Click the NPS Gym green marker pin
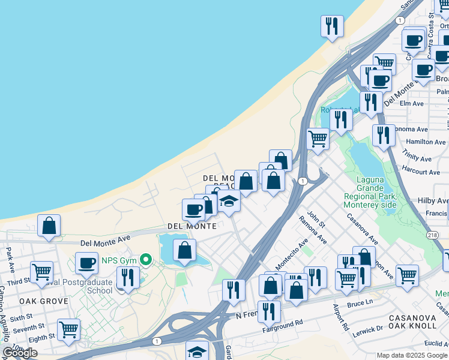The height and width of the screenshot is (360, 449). pyautogui.click(x=145, y=260)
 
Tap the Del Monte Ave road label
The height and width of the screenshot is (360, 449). pyautogui.click(x=105, y=239)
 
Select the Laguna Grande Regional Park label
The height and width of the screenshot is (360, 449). pyautogui.click(x=370, y=191)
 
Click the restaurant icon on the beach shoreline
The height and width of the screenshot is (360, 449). pyautogui.click(x=332, y=26)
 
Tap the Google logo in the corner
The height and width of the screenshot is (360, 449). pyautogui.click(x=20, y=353)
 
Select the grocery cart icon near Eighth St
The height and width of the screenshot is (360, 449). pyautogui.click(x=68, y=329)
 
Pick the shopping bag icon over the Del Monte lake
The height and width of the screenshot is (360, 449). pyautogui.click(x=184, y=251)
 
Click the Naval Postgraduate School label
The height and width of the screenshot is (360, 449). pyautogui.click(x=84, y=286)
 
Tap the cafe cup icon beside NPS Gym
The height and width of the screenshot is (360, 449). pyautogui.click(x=86, y=263)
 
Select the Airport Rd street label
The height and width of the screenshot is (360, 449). pyautogui.click(x=340, y=318)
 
